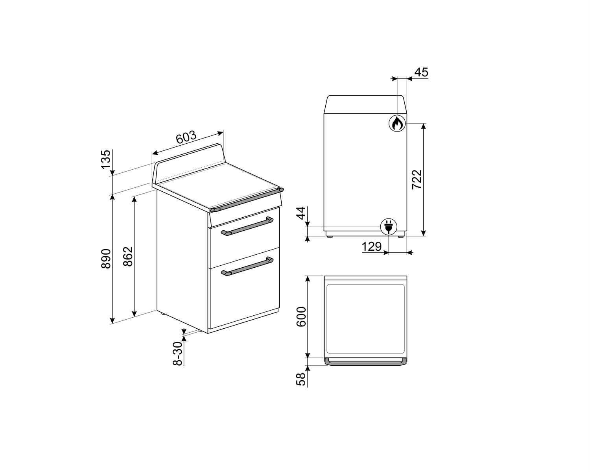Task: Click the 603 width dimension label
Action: click(186, 137)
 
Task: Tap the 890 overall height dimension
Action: click(106, 259)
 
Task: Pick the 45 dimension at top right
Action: click(421, 72)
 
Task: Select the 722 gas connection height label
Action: click(417, 180)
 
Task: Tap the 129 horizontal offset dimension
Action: click(371, 246)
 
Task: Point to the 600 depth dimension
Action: click(301, 316)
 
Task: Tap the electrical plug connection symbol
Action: click(389, 227)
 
